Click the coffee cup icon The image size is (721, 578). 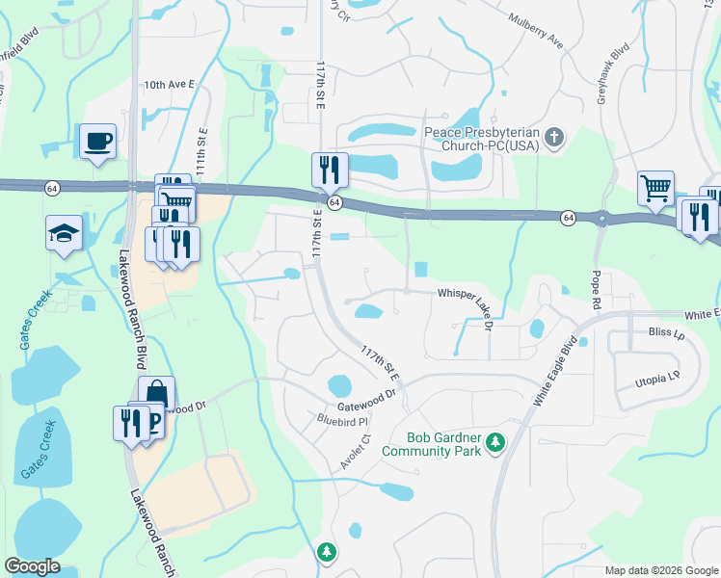point(97,142)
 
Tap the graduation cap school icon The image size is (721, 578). point(65,232)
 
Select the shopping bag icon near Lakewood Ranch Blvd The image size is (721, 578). point(155,394)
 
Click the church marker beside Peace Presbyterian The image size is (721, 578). point(553,138)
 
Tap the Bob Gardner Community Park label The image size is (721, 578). point(431,443)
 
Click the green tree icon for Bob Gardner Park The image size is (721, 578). point(495,442)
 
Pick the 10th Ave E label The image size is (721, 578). point(170,85)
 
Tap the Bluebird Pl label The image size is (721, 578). point(343,421)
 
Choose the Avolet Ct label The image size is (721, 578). point(355,450)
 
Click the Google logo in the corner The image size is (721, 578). point(33,566)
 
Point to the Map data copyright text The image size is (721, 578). point(661,570)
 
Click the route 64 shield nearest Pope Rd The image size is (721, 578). point(570,219)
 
